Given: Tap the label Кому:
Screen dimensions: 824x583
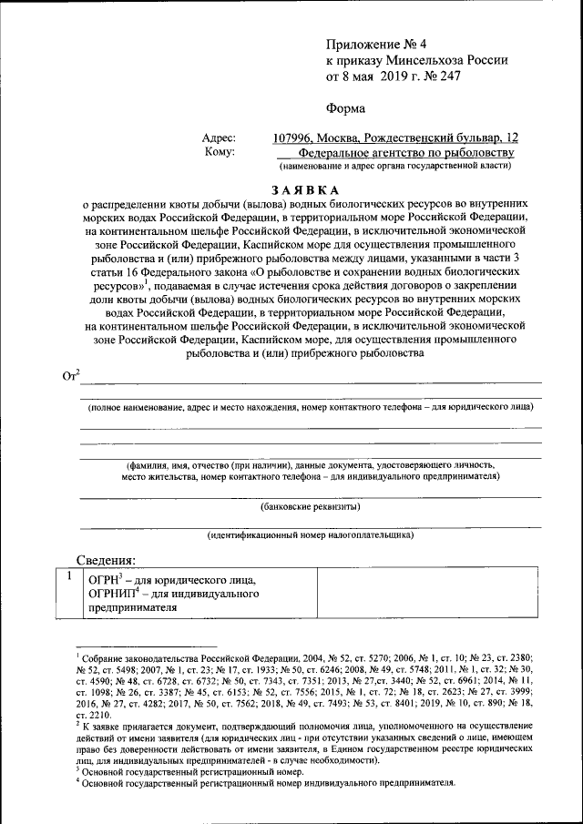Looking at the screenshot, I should tap(220, 153).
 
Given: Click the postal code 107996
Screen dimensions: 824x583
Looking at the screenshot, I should tap(296, 138).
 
